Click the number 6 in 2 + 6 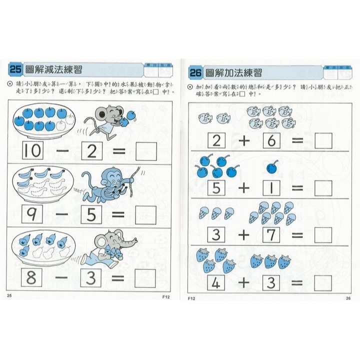tap(271, 141)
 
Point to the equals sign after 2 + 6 tap(297, 141)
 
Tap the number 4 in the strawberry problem tap(216, 282)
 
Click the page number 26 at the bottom tap(348, 298)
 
